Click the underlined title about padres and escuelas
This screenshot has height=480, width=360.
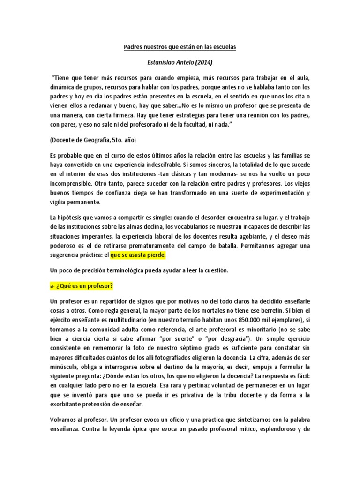(180, 47)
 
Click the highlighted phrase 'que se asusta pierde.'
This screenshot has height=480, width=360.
(138, 256)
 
